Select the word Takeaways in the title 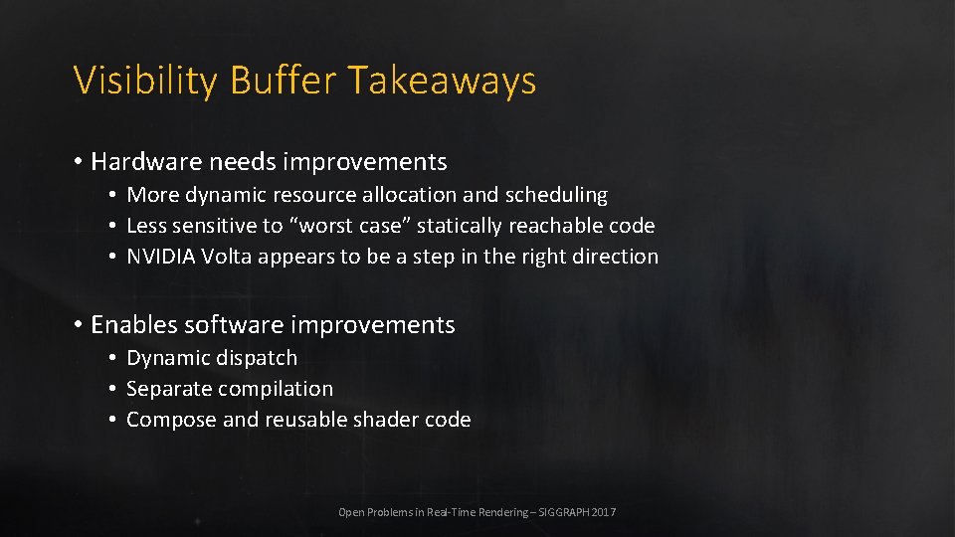(x=443, y=81)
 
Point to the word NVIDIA (x=161, y=257)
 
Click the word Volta (x=227, y=257)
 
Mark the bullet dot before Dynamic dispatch (x=114, y=358)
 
